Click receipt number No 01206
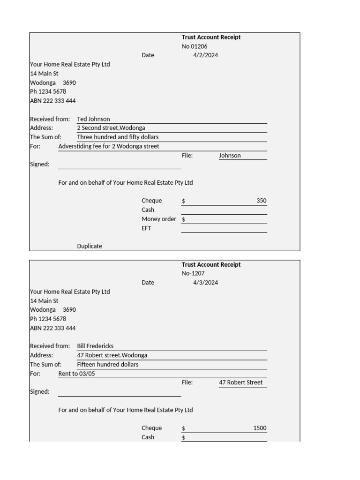(x=195, y=46)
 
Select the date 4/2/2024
(x=205, y=55)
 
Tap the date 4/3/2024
(x=205, y=283)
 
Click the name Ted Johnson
(x=93, y=119)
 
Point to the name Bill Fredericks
(x=95, y=346)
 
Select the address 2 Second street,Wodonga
(x=111, y=128)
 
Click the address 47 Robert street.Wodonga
(x=112, y=355)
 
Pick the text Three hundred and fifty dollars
(x=118, y=137)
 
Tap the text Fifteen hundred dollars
(x=108, y=365)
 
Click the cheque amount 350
(x=261, y=201)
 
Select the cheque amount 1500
(x=260, y=428)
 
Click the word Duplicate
(x=90, y=246)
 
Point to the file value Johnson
(x=230, y=156)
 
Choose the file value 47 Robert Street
(x=241, y=382)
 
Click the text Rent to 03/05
(x=76, y=374)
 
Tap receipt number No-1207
(x=193, y=273)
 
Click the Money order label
(x=159, y=219)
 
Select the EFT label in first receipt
(x=147, y=229)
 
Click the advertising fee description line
(x=109, y=146)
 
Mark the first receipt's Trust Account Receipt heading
(x=211, y=37)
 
